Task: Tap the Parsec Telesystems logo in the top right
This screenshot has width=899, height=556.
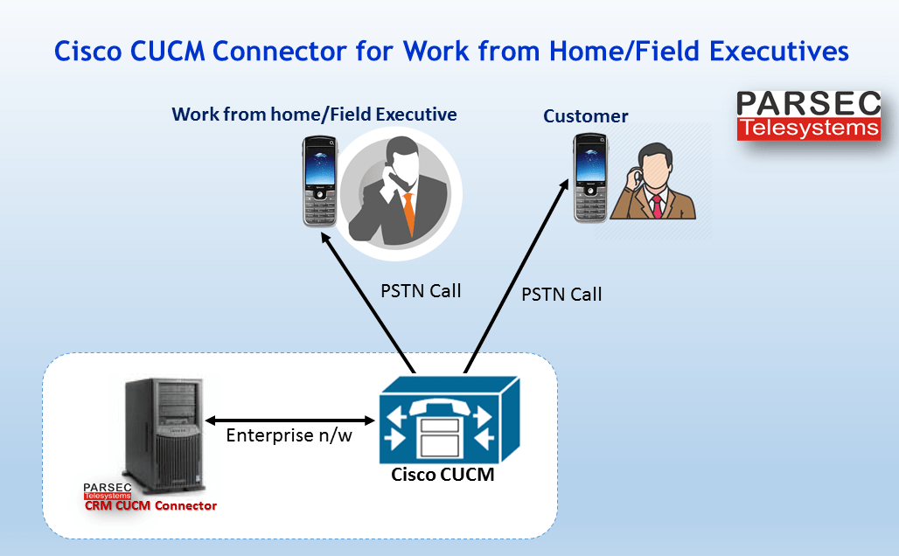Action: point(807,115)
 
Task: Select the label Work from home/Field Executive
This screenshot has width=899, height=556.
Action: point(314,115)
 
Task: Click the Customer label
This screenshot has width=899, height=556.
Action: point(585,116)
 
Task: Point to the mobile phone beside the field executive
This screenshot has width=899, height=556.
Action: point(319,180)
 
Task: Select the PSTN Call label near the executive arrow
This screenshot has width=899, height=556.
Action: point(421,290)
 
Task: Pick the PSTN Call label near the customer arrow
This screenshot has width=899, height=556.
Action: point(561,294)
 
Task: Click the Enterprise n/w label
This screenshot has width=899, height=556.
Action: point(289,435)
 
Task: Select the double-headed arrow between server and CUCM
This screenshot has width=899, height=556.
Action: point(289,419)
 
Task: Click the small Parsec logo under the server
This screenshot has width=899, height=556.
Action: point(107,490)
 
